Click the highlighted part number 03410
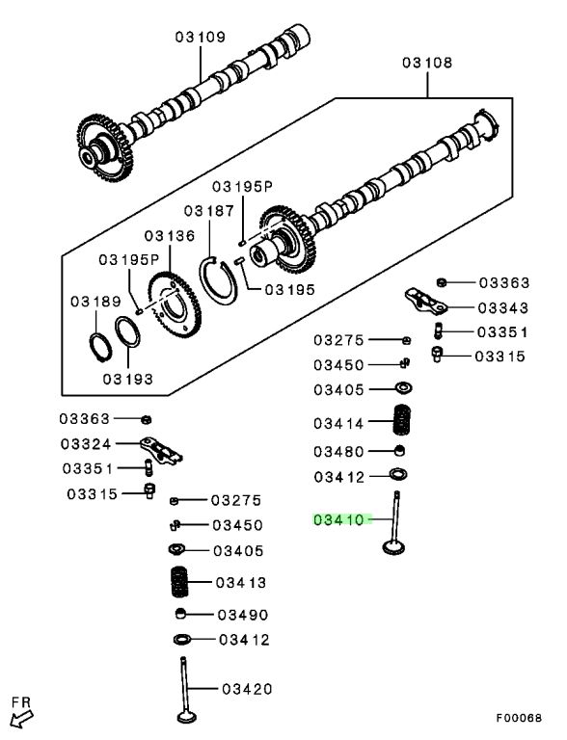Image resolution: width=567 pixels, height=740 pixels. (338, 519)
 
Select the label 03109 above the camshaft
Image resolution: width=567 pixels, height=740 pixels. (201, 37)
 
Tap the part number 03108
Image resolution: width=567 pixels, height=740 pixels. (427, 63)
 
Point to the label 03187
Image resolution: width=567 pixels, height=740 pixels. (209, 210)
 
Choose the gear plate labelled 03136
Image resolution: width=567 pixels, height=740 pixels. (175, 304)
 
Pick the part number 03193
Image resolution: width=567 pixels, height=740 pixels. (128, 379)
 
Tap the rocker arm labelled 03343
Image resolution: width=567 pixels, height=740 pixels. (427, 301)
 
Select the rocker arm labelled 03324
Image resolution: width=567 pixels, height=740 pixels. (161, 450)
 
